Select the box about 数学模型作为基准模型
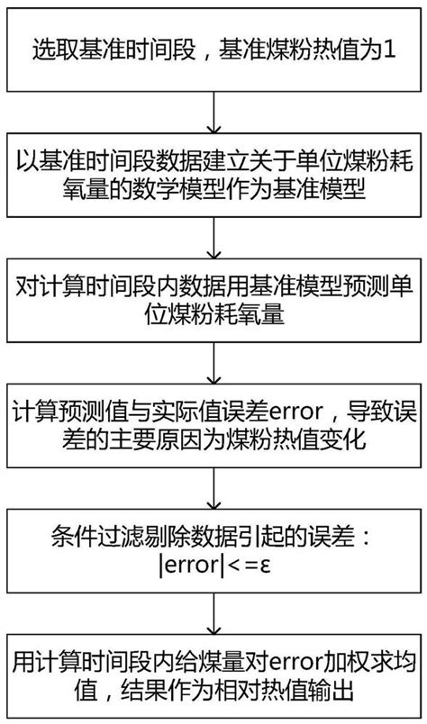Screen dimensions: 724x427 click(x=213, y=176)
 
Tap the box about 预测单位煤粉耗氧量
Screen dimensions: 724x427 click(x=213, y=303)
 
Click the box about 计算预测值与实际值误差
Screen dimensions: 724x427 click(x=213, y=429)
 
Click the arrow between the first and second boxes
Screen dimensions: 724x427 click(x=213, y=113)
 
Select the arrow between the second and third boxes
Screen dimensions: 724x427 click(x=213, y=239)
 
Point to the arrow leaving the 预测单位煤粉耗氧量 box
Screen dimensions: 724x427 click(x=213, y=365)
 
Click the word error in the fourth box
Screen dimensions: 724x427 click(x=263, y=414)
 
